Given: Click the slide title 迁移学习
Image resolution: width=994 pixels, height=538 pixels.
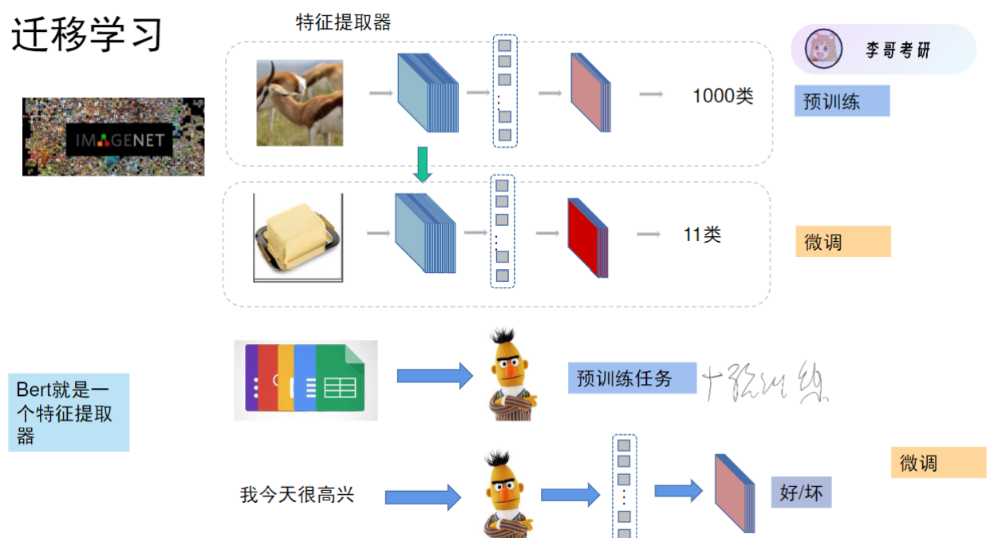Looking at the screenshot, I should (x=87, y=35).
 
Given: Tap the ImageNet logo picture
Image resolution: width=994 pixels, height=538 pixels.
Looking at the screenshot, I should (x=113, y=136).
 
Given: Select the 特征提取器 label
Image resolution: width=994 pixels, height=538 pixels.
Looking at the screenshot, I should (x=343, y=22).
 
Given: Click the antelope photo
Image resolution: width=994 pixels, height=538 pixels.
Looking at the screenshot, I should (x=299, y=103).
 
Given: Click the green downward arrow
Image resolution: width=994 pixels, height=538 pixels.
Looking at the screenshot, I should (x=423, y=163).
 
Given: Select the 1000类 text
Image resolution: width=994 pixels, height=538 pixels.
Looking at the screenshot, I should (x=723, y=97).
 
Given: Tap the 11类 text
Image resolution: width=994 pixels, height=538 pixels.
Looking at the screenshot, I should (x=702, y=235).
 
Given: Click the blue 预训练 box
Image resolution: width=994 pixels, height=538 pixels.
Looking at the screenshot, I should (x=841, y=101).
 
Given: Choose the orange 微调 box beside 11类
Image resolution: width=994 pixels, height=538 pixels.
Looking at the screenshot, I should (x=842, y=241).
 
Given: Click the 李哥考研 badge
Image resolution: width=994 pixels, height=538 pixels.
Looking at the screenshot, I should (x=883, y=49).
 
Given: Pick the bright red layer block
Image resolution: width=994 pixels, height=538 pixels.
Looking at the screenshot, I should (x=588, y=237).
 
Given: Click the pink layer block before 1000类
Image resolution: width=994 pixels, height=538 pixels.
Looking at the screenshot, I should (x=590, y=93).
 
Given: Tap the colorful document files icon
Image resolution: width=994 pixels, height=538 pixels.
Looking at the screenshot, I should (x=306, y=380).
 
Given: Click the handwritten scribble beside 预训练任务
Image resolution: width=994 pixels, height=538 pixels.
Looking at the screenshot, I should (x=766, y=381).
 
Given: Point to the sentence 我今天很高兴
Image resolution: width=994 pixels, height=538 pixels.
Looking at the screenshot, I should (x=297, y=495).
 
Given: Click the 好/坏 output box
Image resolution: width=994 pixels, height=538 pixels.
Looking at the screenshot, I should (x=801, y=493).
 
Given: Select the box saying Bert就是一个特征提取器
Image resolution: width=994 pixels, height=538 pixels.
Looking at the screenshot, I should (x=69, y=413).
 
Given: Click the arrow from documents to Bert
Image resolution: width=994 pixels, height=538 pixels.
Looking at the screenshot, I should (x=434, y=375).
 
